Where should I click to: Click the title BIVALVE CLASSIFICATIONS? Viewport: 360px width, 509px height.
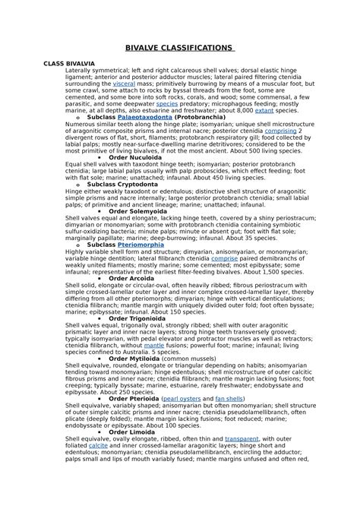[179, 47]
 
